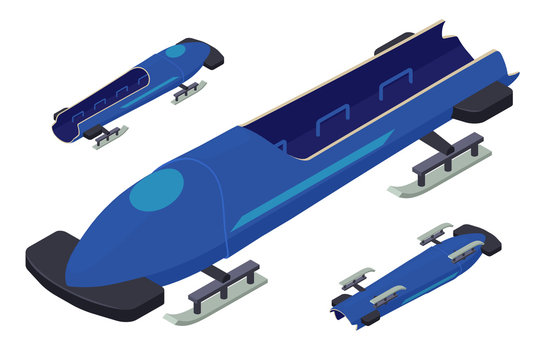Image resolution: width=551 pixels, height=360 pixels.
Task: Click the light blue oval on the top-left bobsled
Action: (176, 50)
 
